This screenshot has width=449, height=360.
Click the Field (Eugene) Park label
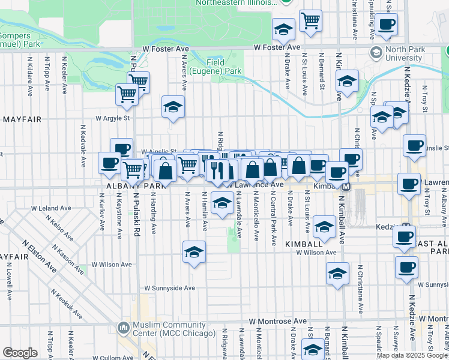[224, 67]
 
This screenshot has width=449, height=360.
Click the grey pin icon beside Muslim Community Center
[124, 328]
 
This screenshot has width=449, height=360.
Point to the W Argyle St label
[110, 118]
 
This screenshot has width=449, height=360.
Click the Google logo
[20, 353]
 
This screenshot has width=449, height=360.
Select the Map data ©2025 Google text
[411, 355]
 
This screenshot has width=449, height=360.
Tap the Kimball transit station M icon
[346, 187]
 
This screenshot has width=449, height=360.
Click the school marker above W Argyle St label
[173, 107]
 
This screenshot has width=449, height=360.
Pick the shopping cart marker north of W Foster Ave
[310, 20]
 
